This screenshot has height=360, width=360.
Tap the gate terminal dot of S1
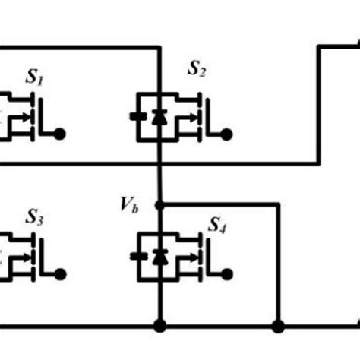tap(61, 134)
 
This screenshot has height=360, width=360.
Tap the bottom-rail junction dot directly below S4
tap(159, 327)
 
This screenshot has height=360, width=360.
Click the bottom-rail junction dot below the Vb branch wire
tap(278, 327)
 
